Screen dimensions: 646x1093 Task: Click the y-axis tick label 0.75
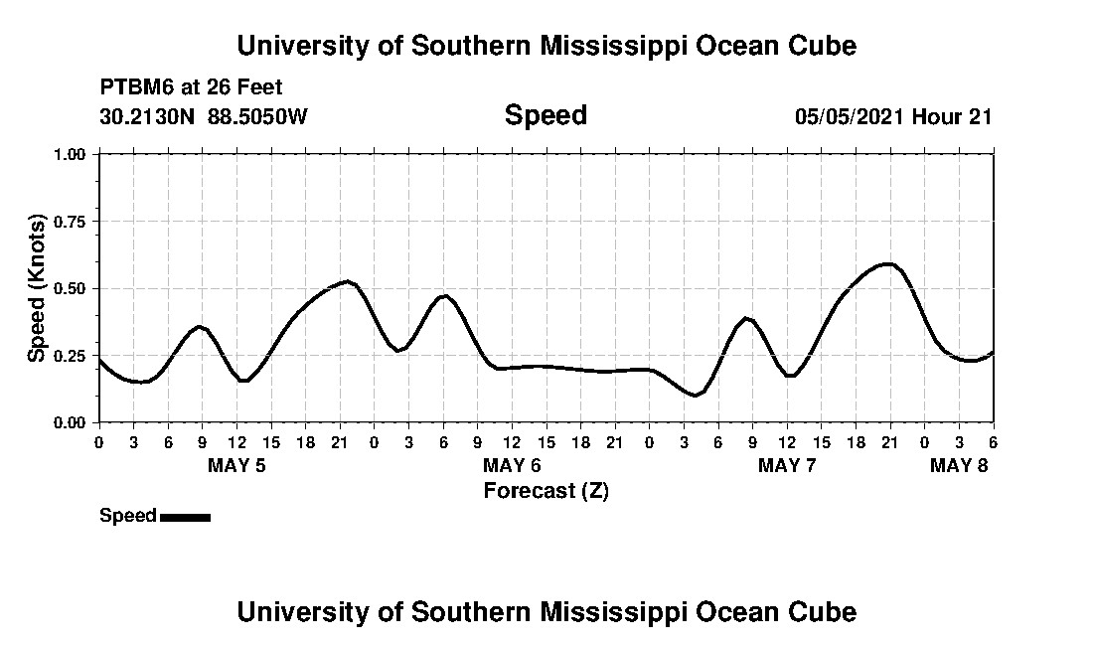(71, 222)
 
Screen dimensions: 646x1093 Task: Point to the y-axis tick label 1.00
(71, 154)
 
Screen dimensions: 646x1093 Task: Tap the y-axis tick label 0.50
(71, 288)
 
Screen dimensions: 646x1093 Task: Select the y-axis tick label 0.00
(71, 422)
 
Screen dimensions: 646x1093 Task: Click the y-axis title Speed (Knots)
(36, 288)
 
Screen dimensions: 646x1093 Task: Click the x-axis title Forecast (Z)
(546, 491)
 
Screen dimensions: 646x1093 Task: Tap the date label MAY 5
(236, 465)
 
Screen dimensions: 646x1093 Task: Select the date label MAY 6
(512, 465)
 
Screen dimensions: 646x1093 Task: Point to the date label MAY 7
(787, 465)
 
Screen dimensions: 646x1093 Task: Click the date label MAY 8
(959, 465)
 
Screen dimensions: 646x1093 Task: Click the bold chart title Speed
(546, 115)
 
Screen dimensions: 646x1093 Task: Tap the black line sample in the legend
(185, 517)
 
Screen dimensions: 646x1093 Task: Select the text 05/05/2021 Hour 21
(893, 116)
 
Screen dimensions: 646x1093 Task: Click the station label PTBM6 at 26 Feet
(192, 87)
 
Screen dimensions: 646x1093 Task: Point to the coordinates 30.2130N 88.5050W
(204, 116)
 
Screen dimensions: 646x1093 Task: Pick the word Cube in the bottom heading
(828, 611)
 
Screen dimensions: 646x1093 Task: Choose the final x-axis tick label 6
(993, 441)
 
